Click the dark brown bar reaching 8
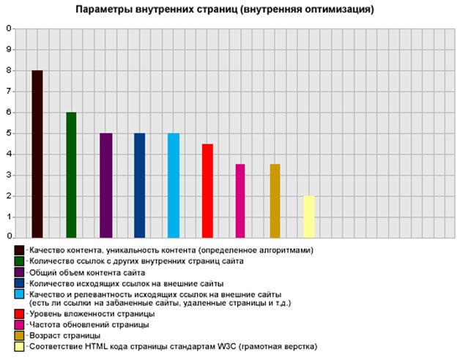click(37, 154)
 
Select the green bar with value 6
click(71, 175)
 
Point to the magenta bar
click(240, 200)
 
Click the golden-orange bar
click(275, 200)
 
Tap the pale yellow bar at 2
click(309, 216)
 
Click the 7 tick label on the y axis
click(9, 91)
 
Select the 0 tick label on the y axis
click(9, 236)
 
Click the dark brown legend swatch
click(19, 250)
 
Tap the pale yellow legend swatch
click(19, 346)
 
